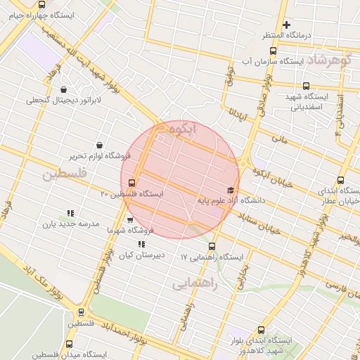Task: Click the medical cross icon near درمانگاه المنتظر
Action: pyautogui.click(x=287, y=25)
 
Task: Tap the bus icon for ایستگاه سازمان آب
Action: pyautogui.click(x=274, y=51)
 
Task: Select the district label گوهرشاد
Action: pyautogui.click(x=329, y=60)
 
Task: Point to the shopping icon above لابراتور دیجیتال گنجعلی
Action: pyautogui.click(x=64, y=90)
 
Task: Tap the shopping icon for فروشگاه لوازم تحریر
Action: pyautogui.click(x=98, y=145)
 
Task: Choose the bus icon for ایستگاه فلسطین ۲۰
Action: pyautogui.click(x=133, y=184)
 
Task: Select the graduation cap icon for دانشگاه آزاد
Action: pyautogui.click(x=231, y=190)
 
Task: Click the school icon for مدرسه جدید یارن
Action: pyautogui.click(x=70, y=213)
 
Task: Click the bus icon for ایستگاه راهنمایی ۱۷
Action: pyautogui.click(x=212, y=246)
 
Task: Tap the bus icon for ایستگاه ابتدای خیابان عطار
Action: pyautogui.click(x=341, y=180)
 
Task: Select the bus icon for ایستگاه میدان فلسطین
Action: pyautogui.click(x=69, y=345)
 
